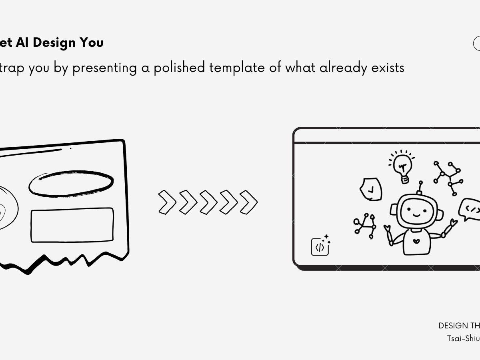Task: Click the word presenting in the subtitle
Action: tap(105, 68)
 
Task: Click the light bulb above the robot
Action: tap(402, 166)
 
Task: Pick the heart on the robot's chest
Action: tap(416, 242)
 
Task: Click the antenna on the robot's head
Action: tap(420, 187)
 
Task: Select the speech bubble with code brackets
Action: tap(470, 209)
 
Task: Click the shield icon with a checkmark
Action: tap(371, 189)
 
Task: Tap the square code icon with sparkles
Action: tap(320, 246)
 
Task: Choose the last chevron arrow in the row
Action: tap(248, 202)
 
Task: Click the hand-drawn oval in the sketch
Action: tap(71, 184)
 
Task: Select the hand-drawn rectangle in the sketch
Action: tap(72, 225)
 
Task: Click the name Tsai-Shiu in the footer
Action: tap(463, 338)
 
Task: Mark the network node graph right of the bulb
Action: tap(448, 178)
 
